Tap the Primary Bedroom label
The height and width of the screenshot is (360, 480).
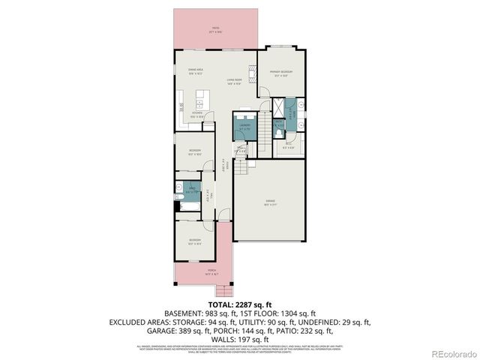280,72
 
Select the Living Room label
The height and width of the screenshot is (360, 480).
234,79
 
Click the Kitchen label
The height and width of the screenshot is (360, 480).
197,115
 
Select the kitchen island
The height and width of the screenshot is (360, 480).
201,97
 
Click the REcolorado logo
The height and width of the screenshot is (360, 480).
451,353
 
